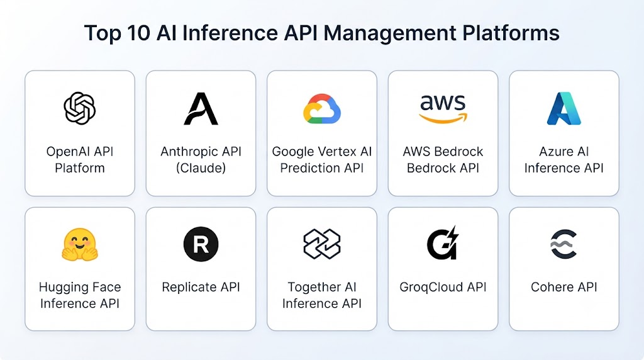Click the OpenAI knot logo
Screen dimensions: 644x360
pos(80,108)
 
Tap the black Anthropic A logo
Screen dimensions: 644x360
pos(201,108)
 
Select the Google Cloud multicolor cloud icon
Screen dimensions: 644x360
pos(322,109)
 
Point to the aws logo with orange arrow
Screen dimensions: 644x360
pos(443,109)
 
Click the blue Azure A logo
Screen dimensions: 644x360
pos(564,108)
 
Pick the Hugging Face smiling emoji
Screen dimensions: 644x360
pos(80,245)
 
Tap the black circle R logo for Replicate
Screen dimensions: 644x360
pos(201,244)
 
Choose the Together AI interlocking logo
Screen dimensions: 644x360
pos(322,244)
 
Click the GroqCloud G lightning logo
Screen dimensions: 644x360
pos(443,243)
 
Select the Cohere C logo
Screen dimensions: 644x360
pos(563,244)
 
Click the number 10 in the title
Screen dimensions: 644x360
pos(138,33)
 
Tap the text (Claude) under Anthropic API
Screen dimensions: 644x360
pos(201,168)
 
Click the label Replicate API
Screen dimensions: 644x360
pos(201,287)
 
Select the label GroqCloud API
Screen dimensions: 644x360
pos(443,287)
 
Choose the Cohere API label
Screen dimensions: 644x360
pos(564,287)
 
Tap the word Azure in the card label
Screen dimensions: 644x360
pos(553,152)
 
